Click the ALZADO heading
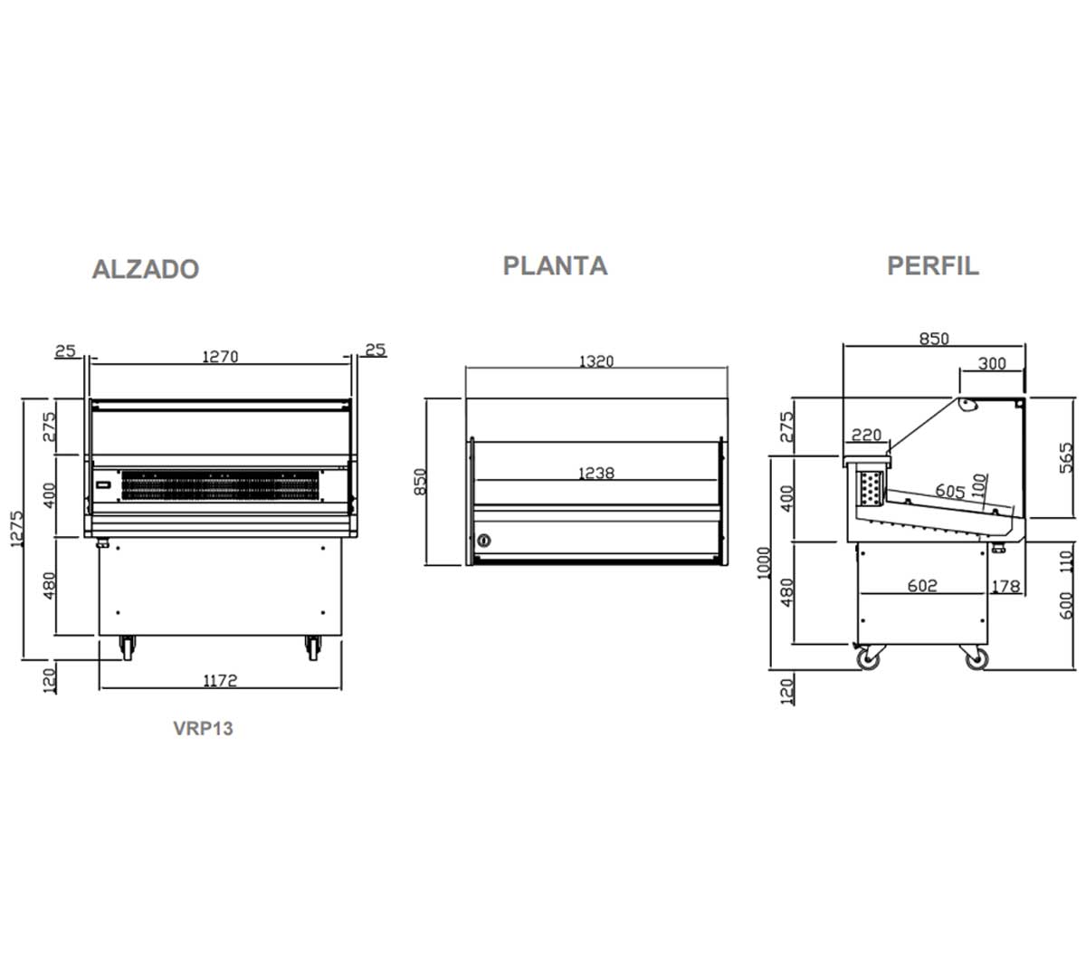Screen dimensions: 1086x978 pyautogui.click(x=146, y=269)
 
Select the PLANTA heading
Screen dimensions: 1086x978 pyautogui.click(x=556, y=266)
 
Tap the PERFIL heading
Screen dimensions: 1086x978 pyautogui.click(x=933, y=266)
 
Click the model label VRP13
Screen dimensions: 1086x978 pyautogui.click(x=203, y=728)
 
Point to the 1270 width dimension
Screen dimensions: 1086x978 pyautogui.click(x=220, y=357)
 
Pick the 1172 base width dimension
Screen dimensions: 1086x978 pyautogui.click(x=220, y=680)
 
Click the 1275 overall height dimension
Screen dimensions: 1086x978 pyautogui.click(x=17, y=528)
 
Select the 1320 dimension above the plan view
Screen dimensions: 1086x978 pyautogui.click(x=596, y=360)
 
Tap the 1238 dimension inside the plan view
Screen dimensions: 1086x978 pyautogui.click(x=596, y=473)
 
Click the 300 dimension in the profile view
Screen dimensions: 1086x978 pyautogui.click(x=992, y=363)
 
